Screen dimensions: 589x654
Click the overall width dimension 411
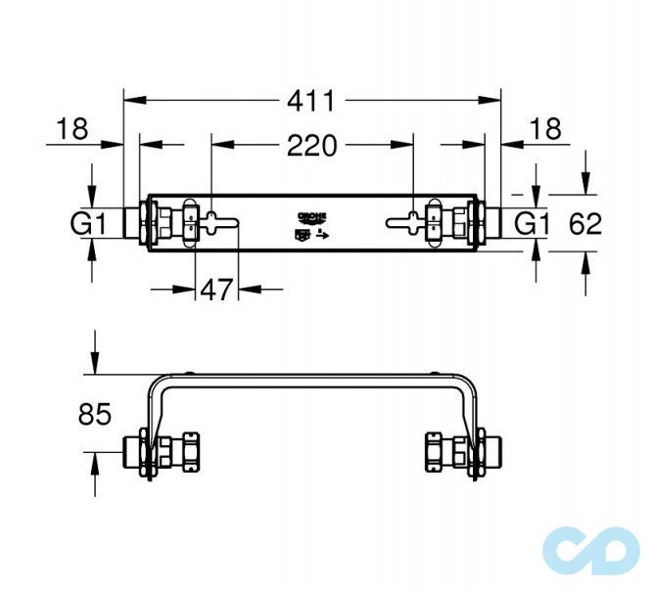tap(311, 100)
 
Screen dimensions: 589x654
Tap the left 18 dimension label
tap(71, 127)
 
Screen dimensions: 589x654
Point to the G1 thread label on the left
tap(87, 224)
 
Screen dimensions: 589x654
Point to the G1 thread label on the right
tap(533, 224)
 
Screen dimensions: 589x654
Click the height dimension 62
tap(585, 224)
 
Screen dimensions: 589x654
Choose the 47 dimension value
tap(217, 290)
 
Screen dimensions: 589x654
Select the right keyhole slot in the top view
tap(407, 223)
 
